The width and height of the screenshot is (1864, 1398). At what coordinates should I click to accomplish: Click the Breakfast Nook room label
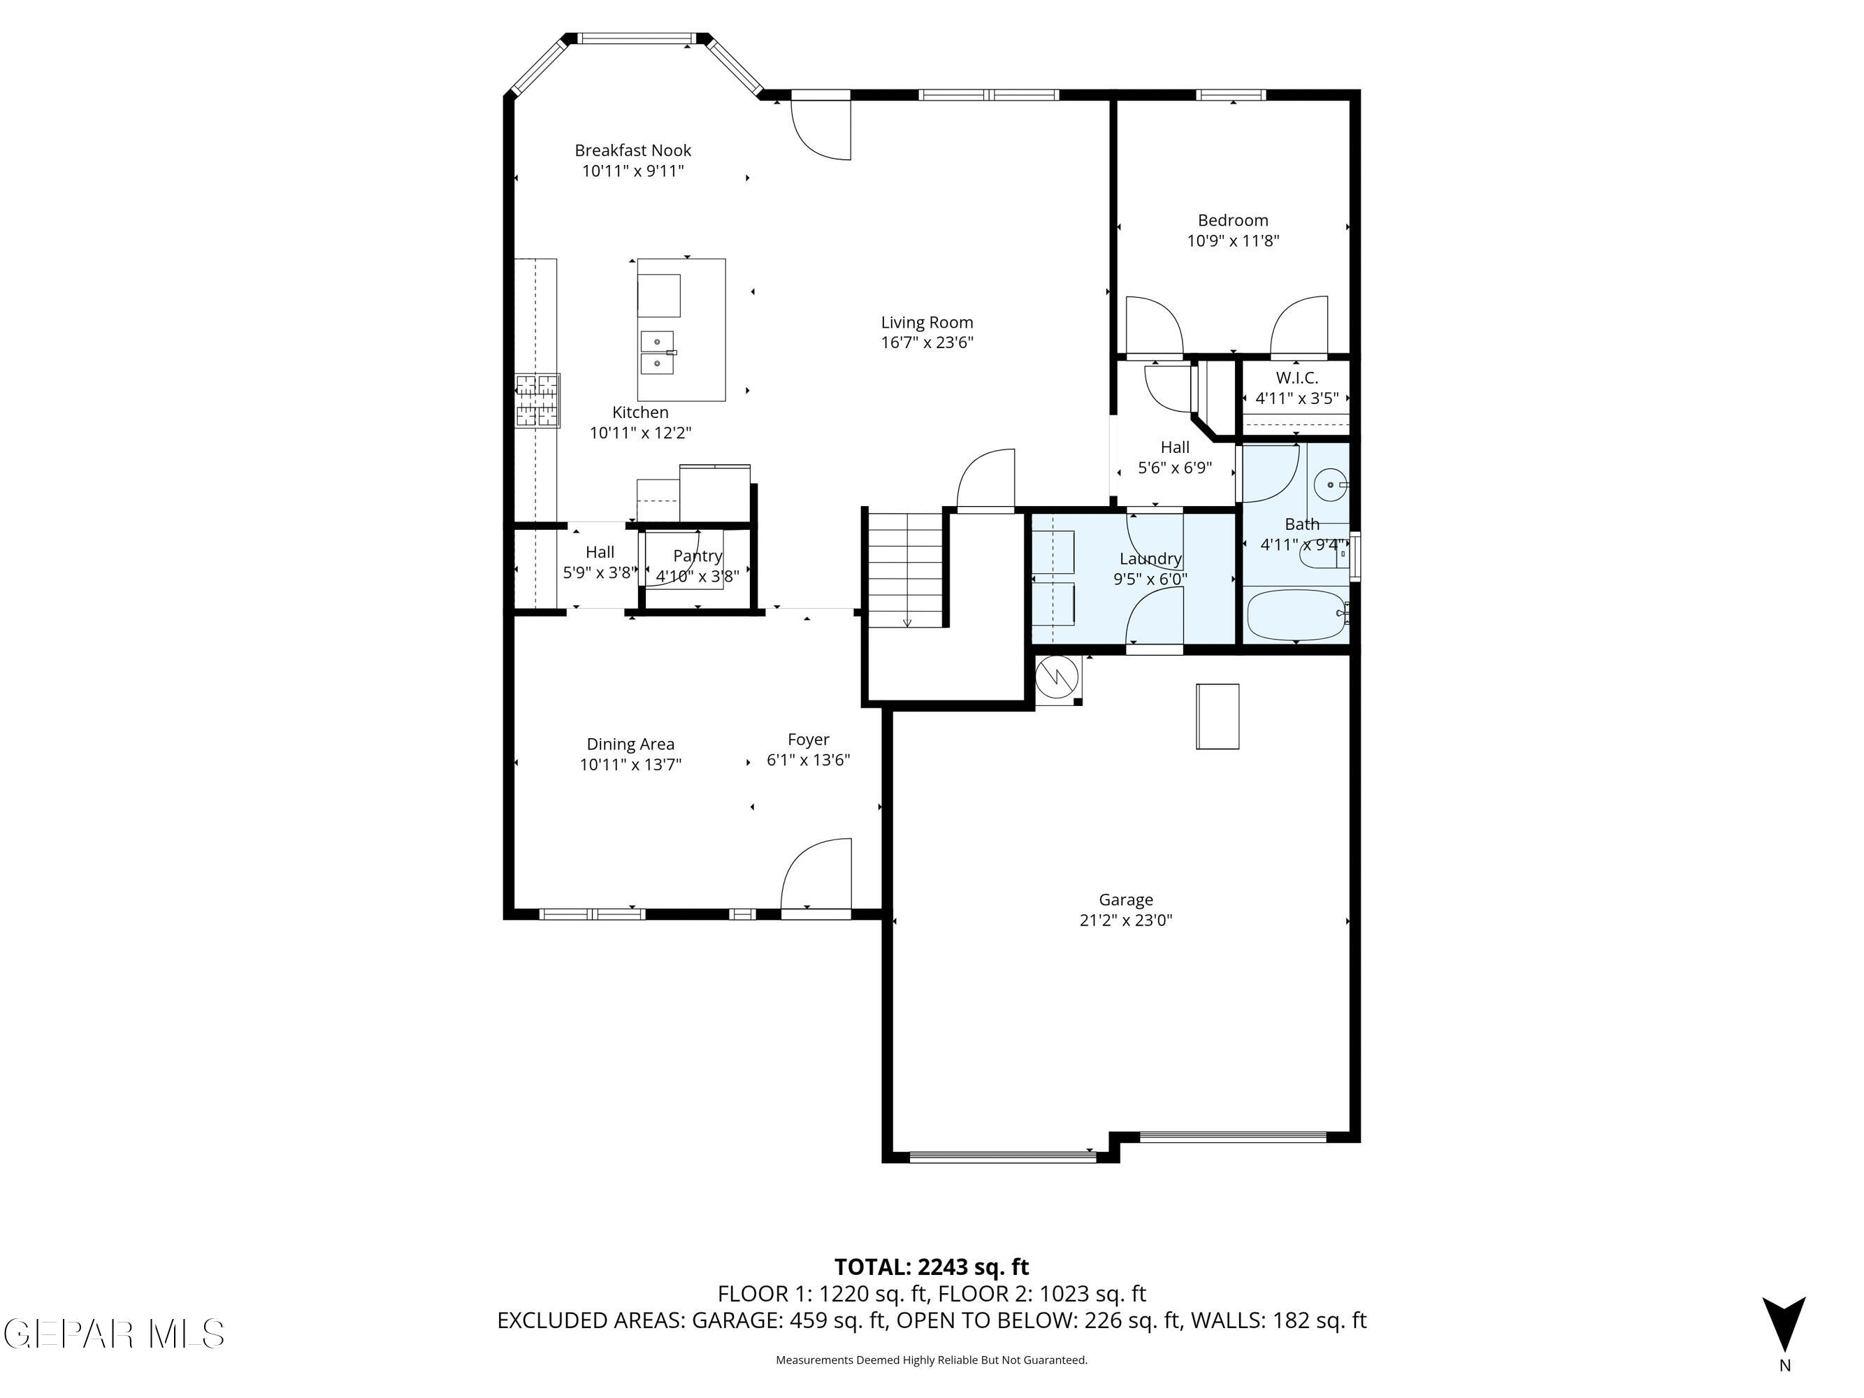[x=633, y=151]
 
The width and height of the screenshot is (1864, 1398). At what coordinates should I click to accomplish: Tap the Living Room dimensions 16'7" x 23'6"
[x=927, y=342]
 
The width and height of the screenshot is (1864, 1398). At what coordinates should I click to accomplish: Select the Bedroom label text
[x=1233, y=221]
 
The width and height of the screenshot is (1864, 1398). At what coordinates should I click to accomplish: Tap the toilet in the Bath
[x=1322, y=554]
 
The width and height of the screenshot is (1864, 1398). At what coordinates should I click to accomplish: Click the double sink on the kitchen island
[x=657, y=352]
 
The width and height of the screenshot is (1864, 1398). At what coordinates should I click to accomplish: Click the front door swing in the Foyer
[x=815, y=874]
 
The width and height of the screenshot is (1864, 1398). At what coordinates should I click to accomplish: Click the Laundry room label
[x=1150, y=559]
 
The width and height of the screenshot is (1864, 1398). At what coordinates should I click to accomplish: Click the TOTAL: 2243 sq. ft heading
[x=931, y=1267]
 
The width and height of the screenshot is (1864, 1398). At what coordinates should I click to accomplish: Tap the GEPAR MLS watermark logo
[x=114, y=1334]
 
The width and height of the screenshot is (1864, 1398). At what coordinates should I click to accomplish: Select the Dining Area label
[x=630, y=744]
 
